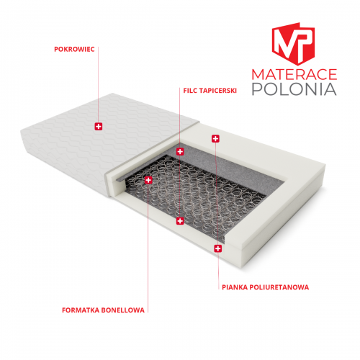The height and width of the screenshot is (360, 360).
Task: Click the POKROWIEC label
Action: tap(74, 50)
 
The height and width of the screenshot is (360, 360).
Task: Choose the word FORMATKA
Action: tap(81, 310)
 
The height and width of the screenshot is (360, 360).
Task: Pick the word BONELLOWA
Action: tap(123, 310)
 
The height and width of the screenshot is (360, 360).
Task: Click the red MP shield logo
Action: tap(293, 44)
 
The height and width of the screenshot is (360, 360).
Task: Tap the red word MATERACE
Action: tap(294, 74)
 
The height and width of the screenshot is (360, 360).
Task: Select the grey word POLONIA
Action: tap(294, 89)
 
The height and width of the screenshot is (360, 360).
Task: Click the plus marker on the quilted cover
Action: tap(99, 126)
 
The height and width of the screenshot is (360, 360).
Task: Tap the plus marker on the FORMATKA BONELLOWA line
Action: tap(148, 180)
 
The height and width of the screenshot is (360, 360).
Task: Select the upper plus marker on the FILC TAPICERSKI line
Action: tap(180, 151)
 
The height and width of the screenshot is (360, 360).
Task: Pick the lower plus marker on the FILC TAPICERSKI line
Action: tap(180, 221)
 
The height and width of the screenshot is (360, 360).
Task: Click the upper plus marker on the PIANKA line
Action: tap(215, 138)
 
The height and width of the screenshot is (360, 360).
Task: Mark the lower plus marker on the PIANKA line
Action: tap(218, 248)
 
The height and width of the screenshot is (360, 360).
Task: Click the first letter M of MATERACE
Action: tap(258, 74)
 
